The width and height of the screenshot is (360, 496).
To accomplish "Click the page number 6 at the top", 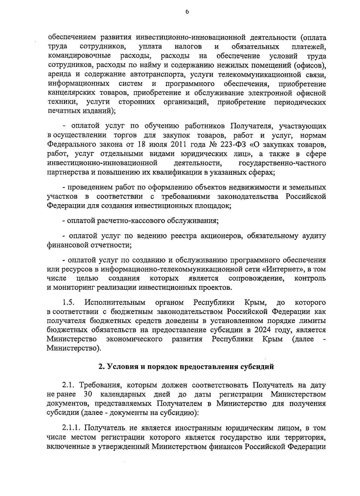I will pyautogui.click(x=187, y=12).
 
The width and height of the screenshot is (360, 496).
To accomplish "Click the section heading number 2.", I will pyautogui.click(x=101, y=366).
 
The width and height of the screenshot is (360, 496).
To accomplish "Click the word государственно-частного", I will pyautogui.click(x=282, y=163).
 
